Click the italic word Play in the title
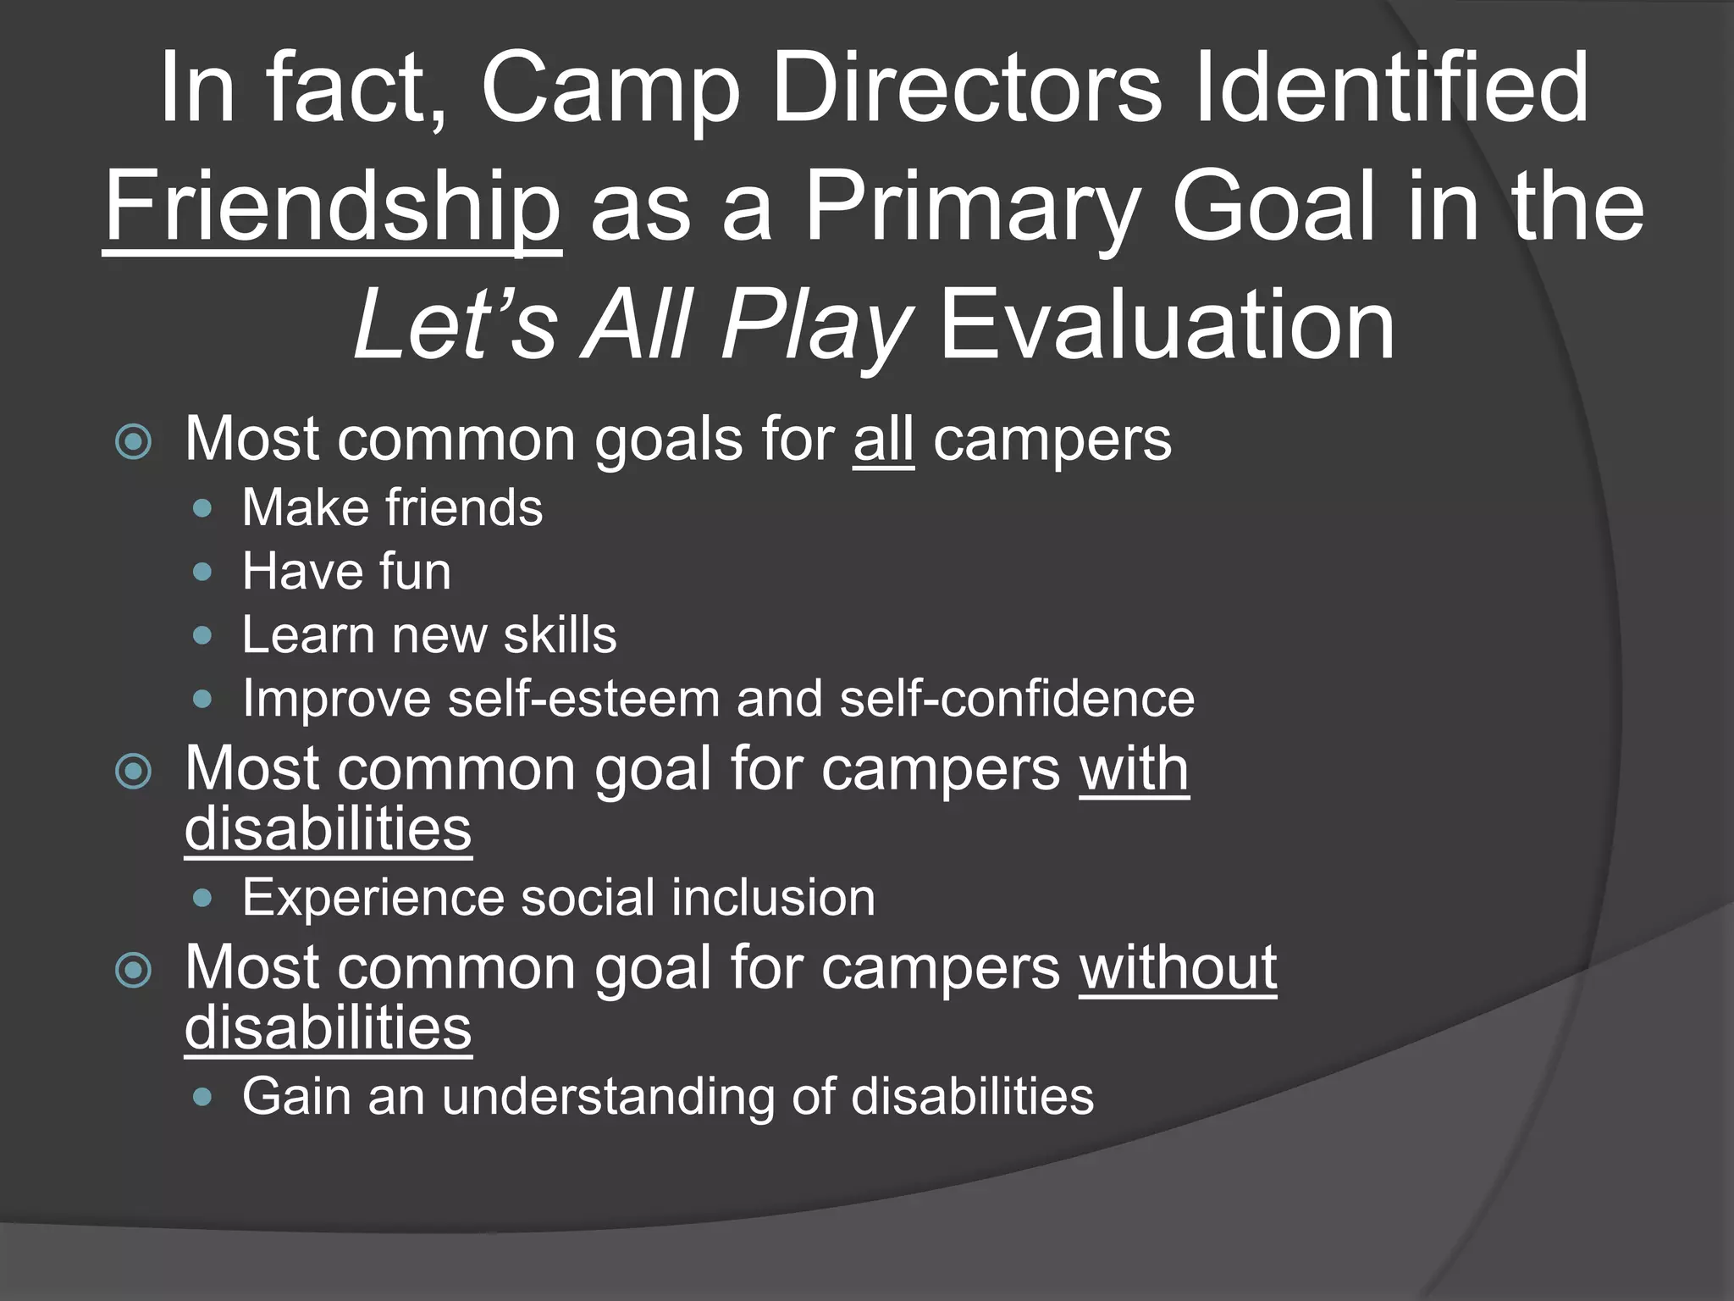tap(815, 326)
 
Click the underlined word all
tap(883, 440)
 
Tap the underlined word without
tap(1177, 967)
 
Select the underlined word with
tap(1134, 769)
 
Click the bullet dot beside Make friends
tap(202, 509)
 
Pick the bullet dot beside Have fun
tap(202, 573)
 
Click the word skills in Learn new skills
tap(560, 635)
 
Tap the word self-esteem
tap(583, 699)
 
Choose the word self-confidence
tap(1016, 699)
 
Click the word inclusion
tap(773, 898)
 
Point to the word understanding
tap(607, 1097)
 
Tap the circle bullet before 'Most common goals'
tap(134, 441)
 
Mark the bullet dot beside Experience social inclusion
tap(202, 899)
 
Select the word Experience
tap(373, 898)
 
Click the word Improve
tap(336, 699)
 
